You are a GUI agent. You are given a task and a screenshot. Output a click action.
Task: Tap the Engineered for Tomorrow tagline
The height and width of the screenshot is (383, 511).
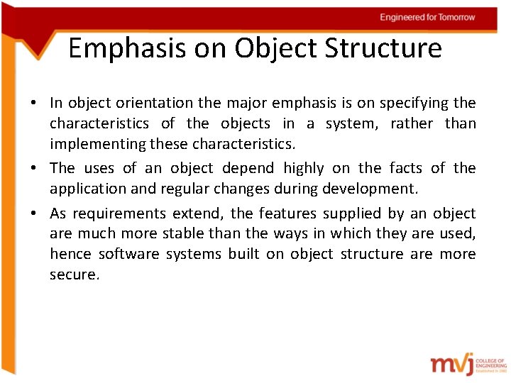pyautogui.click(x=427, y=17)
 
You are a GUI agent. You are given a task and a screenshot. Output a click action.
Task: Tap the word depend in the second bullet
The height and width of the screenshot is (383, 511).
pyautogui.click(x=248, y=168)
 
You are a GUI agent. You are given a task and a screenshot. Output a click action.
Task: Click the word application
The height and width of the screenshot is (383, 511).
pyautogui.click(x=87, y=189)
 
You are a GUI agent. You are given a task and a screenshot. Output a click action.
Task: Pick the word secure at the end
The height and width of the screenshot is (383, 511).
pyautogui.click(x=74, y=274)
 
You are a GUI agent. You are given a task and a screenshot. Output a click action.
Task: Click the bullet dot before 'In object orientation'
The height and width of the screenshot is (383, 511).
pyautogui.click(x=33, y=104)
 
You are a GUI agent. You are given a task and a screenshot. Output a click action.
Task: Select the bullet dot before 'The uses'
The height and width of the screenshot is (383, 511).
pyautogui.click(x=33, y=169)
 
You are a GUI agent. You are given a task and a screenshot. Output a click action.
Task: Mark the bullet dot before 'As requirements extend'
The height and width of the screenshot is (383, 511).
pyautogui.click(x=33, y=214)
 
